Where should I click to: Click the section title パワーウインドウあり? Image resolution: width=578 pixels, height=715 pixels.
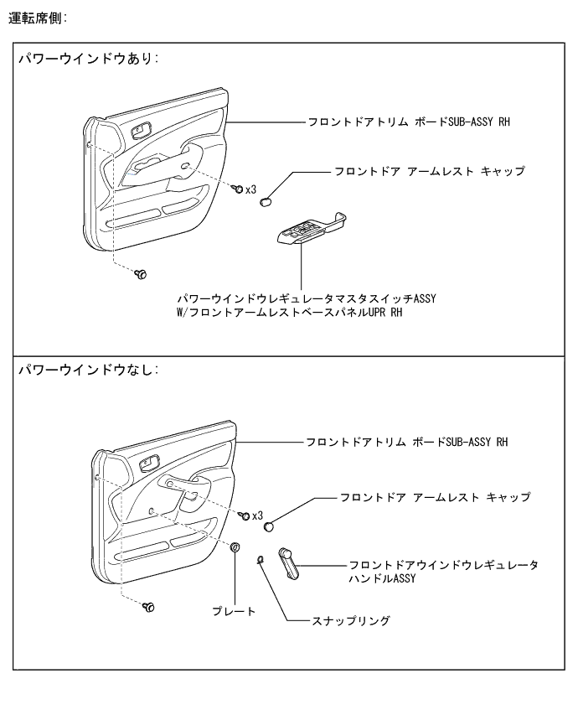pyautogui.click(x=89, y=61)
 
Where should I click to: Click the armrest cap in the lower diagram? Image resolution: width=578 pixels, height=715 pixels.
pyautogui.click(x=271, y=526)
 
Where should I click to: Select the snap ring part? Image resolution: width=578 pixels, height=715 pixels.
pyautogui.click(x=261, y=559)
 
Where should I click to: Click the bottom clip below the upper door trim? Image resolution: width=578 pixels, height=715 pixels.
pyautogui.click(x=141, y=274)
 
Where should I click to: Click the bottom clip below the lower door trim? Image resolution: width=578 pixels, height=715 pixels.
pyautogui.click(x=149, y=605)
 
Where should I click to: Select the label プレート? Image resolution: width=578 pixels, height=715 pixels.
pyautogui.click(x=235, y=612)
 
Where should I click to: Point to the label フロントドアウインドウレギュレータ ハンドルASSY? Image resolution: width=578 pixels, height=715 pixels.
pyautogui.click(x=443, y=572)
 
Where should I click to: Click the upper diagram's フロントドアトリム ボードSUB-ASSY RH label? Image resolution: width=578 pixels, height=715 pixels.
pyautogui.click(x=407, y=122)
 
